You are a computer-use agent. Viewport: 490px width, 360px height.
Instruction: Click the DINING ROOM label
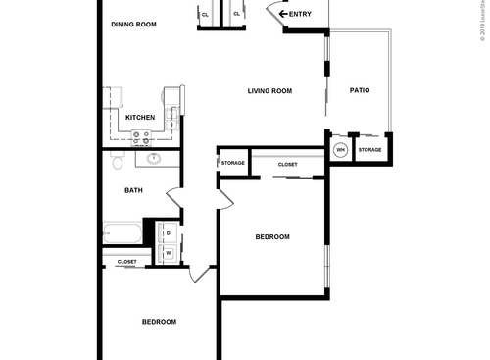click(135, 25)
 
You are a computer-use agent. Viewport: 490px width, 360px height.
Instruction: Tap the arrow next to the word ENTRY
click(282, 14)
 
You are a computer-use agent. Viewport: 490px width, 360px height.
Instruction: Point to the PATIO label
click(360, 91)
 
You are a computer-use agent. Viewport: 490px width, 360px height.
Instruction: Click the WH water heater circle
click(340, 150)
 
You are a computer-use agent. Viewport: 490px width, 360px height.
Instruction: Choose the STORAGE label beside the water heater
click(369, 150)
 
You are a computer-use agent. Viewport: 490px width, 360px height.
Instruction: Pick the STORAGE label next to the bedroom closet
click(232, 163)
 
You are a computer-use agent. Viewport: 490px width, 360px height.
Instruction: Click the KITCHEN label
click(140, 118)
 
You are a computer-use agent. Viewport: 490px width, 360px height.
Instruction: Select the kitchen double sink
click(172, 119)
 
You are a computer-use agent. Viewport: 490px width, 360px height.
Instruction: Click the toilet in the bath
click(116, 161)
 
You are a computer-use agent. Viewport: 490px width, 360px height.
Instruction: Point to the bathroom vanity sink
click(154, 159)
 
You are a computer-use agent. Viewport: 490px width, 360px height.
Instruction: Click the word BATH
click(133, 190)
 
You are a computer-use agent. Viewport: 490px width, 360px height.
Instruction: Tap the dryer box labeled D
click(168, 232)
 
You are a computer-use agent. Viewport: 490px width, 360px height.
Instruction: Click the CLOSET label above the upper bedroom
click(288, 164)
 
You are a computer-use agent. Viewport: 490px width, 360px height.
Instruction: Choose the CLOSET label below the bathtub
click(126, 262)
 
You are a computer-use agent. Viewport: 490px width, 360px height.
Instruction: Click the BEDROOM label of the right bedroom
click(271, 236)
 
